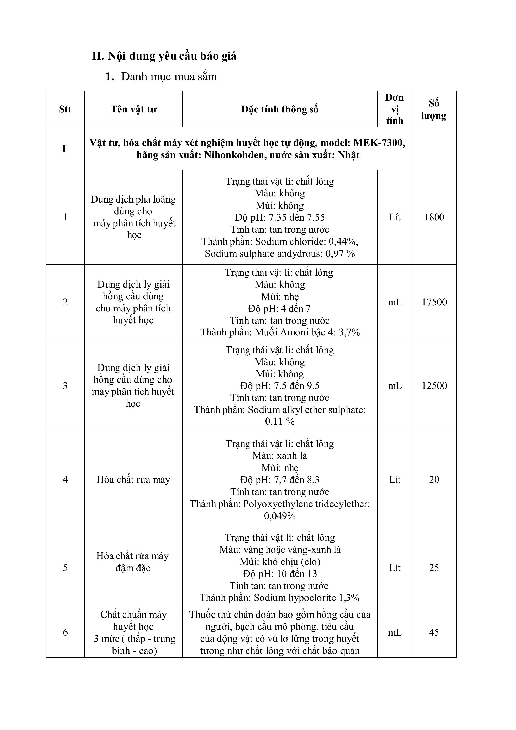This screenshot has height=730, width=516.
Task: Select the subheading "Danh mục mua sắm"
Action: point(169,77)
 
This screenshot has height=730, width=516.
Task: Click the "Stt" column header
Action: point(65,109)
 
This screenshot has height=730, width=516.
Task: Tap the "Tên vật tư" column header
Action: point(133,109)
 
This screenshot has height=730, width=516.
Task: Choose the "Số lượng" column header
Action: point(434,109)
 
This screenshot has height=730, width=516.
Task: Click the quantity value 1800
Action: point(434,217)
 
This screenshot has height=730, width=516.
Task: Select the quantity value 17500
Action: point(434,302)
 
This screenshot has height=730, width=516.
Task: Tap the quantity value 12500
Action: point(434,386)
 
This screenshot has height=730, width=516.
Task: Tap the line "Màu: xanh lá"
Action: point(280,456)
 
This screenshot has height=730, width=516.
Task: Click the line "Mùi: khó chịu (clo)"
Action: point(280,562)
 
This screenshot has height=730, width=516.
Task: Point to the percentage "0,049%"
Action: point(280,516)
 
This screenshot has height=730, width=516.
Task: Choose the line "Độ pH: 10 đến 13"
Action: point(280,574)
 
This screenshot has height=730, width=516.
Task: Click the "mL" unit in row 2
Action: point(395,302)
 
